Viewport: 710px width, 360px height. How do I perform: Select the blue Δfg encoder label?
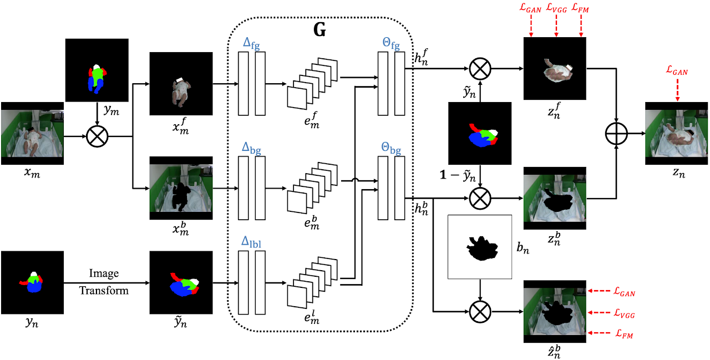251,43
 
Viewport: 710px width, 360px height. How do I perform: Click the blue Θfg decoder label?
390,43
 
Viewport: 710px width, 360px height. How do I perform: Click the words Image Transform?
104,282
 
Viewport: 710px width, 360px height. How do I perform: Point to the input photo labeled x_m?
32,133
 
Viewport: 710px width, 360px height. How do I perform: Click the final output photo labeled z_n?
677,133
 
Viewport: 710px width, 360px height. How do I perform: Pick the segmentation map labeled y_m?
98,70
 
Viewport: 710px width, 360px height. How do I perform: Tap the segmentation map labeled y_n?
32,283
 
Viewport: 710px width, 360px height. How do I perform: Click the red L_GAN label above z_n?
677,72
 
